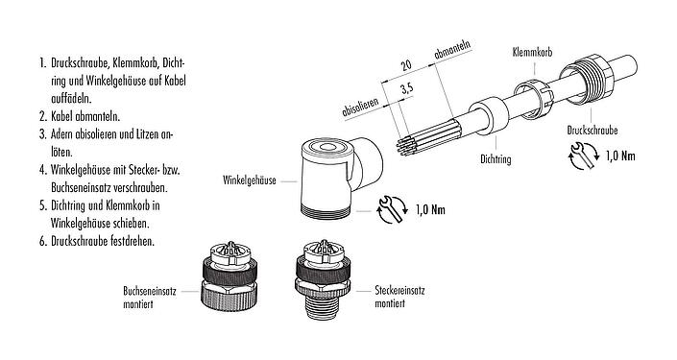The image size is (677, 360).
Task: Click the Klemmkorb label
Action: pos(532,52)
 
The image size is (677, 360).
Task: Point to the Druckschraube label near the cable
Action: pos(592,130)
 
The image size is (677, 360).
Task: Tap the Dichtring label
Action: pos(496,159)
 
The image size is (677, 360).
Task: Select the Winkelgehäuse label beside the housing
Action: pos(249,180)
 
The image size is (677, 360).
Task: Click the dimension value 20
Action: pos(406,65)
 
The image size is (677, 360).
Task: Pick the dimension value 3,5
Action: pos(406,89)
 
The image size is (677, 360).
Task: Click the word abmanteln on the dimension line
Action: pos(452,50)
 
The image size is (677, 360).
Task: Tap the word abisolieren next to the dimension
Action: pos(360,108)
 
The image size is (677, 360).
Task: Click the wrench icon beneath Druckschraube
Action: pos(584,156)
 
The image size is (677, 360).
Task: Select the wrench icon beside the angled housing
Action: pos(392,210)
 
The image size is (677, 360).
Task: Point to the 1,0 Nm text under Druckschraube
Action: pos(620,156)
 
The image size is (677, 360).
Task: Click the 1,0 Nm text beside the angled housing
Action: pos(430,210)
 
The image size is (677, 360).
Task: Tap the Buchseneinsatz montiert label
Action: pos(150,298)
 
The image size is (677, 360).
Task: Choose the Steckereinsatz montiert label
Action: pos(399,297)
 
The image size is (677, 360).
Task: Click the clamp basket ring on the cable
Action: pos(534,98)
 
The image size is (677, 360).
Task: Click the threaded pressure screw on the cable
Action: pos(587,79)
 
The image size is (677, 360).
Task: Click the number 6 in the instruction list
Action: pos(42,241)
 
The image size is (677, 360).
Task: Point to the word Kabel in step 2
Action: pos(61,116)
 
